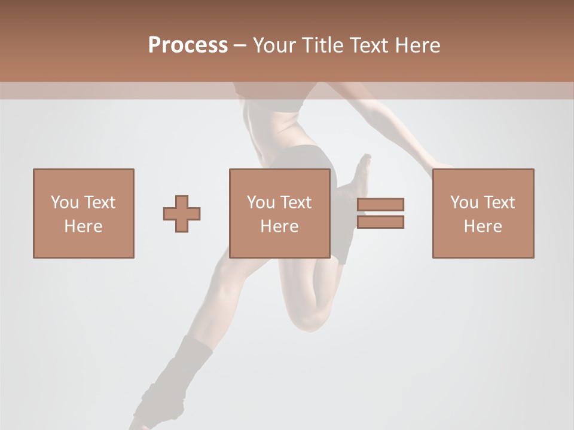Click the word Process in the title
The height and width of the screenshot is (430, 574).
(188, 45)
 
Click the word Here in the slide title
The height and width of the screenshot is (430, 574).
(417, 45)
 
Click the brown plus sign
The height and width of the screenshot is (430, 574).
(182, 213)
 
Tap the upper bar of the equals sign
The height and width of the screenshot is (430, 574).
(380, 204)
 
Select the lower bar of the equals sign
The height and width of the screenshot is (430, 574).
(380, 222)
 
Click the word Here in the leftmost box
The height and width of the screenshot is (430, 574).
(83, 226)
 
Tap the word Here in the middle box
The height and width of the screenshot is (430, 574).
(279, 226)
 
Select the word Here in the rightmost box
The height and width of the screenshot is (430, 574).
(483, 226)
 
